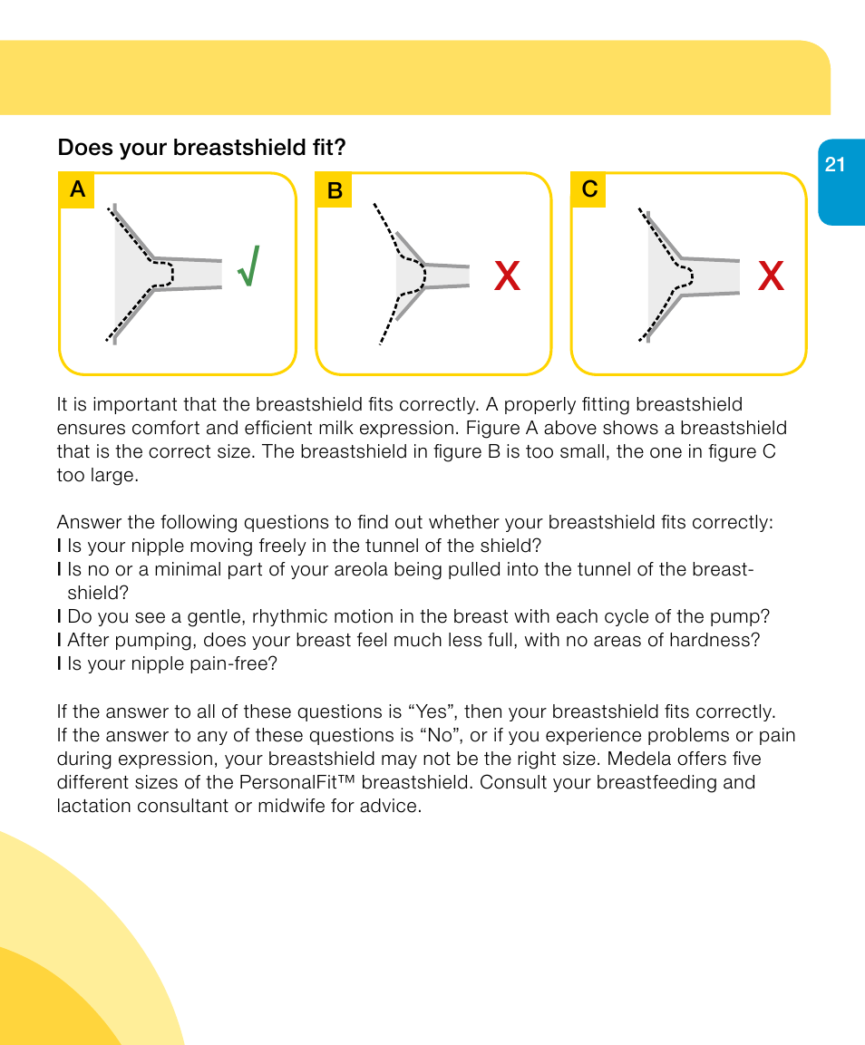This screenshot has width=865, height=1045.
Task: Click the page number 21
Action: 835,165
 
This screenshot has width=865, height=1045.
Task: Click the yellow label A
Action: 77,190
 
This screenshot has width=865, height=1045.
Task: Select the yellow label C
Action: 589,190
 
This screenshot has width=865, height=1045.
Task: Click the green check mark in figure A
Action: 248,266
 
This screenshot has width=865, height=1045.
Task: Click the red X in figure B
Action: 508,276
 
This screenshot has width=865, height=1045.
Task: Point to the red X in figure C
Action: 771,276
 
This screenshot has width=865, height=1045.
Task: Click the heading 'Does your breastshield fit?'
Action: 201,147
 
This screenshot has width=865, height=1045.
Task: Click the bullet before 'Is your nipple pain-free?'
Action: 59,663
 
